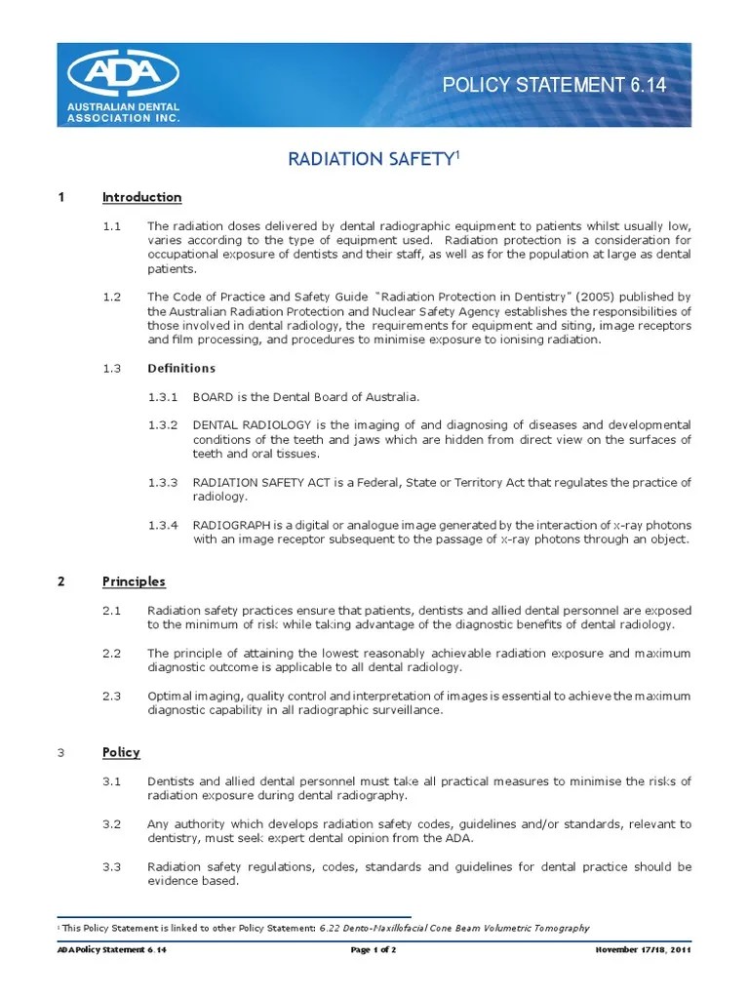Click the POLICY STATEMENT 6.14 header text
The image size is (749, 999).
[554, 85]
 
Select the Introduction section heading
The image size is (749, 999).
[141, 197]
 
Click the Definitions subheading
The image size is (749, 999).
[181, 368]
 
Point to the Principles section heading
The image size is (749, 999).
[134, 581]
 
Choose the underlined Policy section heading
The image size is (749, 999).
[121, 752]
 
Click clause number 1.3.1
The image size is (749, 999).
[163, 397]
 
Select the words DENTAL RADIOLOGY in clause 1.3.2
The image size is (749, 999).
[252, 425]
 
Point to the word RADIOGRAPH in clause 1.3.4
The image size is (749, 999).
[228, 525]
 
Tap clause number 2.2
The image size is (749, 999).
[111, 653]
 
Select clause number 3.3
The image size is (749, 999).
[111, 866]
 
